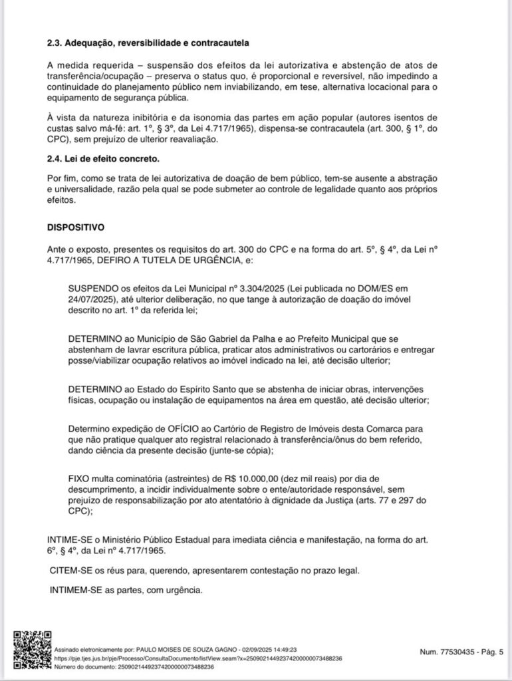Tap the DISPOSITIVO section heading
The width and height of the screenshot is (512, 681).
pyautogui.click(x=75, y=227)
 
